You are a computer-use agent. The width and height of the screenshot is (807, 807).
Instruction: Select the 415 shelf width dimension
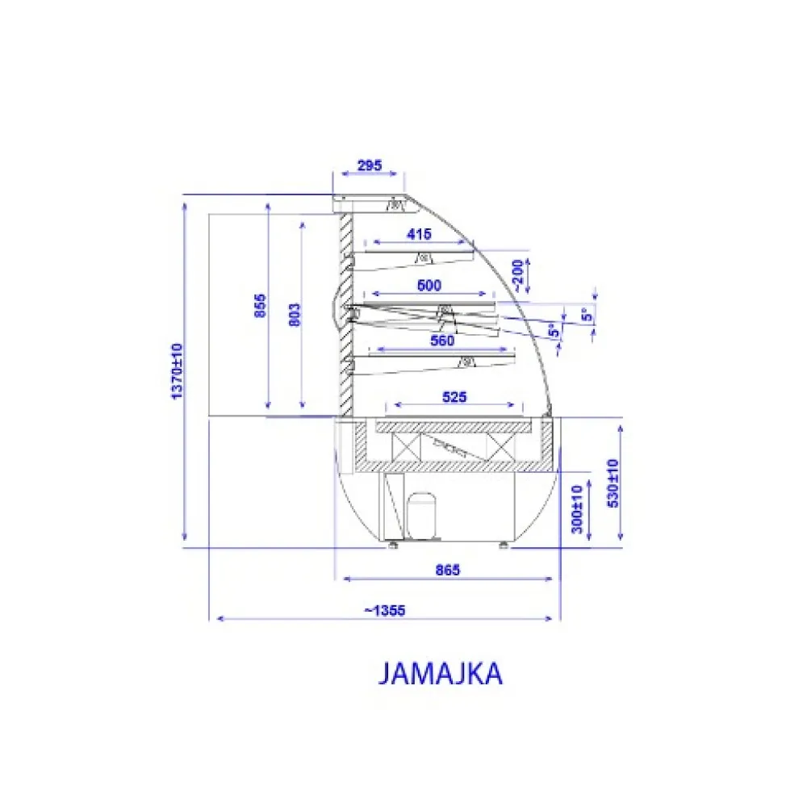[419, 235]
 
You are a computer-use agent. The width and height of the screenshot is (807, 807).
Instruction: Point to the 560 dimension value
[442, 341]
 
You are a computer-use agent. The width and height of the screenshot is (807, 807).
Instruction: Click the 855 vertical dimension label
[261, 307]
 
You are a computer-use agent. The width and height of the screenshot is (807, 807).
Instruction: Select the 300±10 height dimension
[576, 506]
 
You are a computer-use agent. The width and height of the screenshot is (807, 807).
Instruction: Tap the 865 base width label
[446, 571]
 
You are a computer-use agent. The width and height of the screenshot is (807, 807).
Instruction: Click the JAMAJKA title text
[441, 674]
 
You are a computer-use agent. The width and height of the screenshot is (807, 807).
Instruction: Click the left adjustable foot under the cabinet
[393, 545]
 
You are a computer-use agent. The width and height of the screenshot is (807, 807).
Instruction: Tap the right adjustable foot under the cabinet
[504, 545]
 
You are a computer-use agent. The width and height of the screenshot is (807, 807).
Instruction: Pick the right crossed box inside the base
[500, 445]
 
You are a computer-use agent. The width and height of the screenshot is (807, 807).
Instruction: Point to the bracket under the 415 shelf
[420, 258]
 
